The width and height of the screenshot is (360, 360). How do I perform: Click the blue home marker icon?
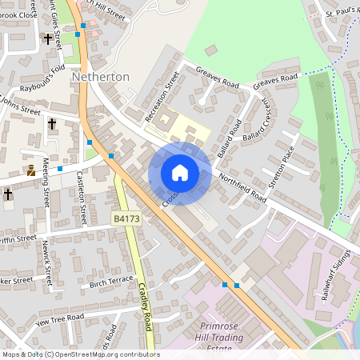point(180,173)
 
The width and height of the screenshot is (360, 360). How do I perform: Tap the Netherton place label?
point(100,77)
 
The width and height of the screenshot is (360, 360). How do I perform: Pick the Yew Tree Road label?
point(60,317)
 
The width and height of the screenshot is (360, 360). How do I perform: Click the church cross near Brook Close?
point(47,38)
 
